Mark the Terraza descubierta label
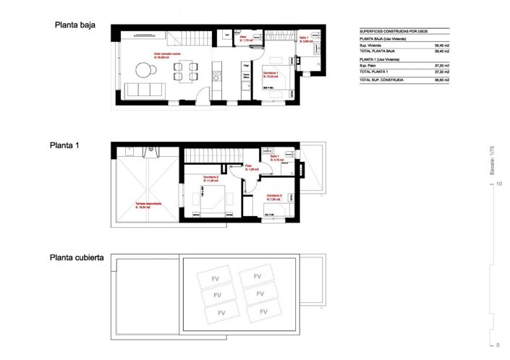(x=148, y=205)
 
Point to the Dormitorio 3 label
(x=274, y=195)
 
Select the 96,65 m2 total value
(x=441, y=80)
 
